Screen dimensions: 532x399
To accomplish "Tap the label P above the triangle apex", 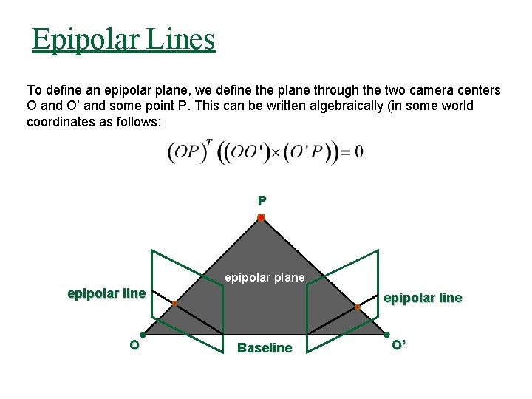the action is point(262,200).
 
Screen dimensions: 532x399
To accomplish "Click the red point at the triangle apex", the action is point(261,217).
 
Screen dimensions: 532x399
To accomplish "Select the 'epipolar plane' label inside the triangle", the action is point(265,278).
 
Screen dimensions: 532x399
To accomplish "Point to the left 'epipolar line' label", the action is point(106,293).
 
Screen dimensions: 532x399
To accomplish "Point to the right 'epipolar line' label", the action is point(423,298).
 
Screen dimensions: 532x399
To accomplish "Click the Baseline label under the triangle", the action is point(265,348).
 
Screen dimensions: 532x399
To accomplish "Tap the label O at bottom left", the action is point(134,345).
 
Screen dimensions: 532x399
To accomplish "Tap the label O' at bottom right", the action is point(398,345).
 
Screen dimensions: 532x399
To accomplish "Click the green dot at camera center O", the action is point(143,335).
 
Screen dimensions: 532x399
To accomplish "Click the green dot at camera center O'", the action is point(386,335).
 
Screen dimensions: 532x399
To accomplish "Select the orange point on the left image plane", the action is point(174,304).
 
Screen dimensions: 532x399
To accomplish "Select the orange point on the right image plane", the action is point(358,306).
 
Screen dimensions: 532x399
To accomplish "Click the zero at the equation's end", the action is point(358,153).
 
